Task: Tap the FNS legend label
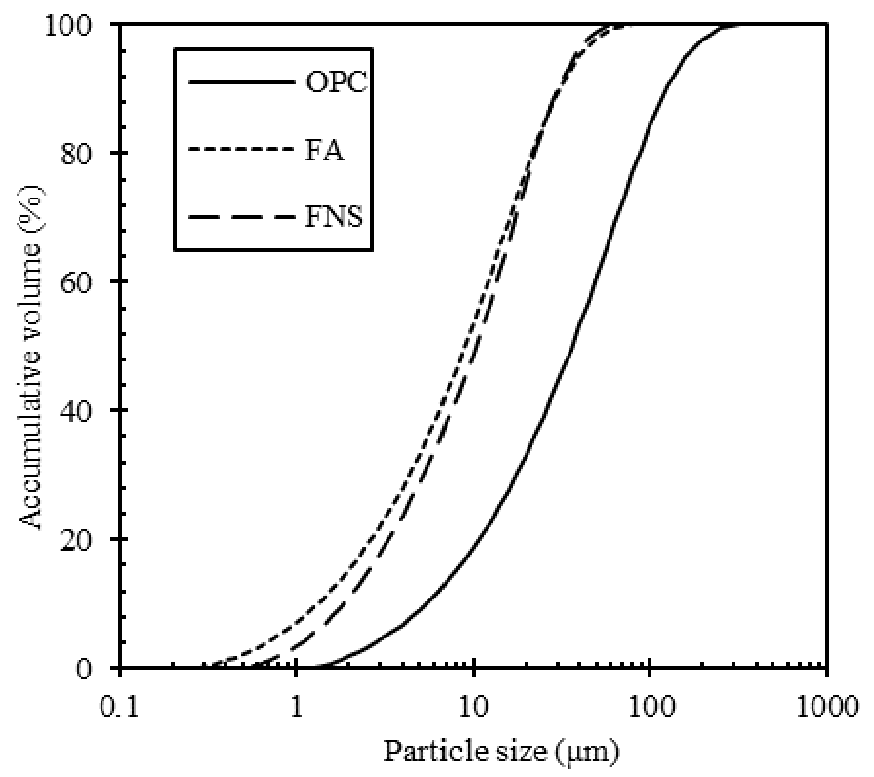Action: tap(334, 217)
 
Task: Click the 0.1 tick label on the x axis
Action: tap(120, 708)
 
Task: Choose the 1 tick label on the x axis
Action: tap(296, 708)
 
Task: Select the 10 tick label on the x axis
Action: tap(473, 708)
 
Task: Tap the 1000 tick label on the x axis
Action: tap(826, 708)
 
